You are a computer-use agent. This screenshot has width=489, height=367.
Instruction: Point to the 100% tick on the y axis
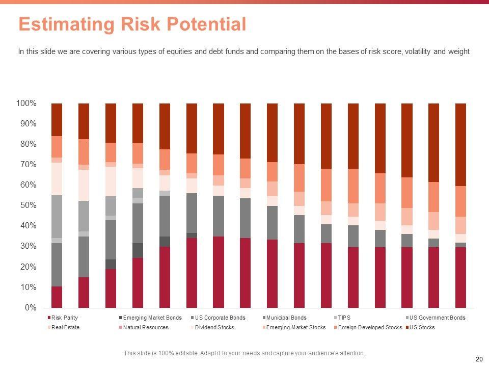point(26,103)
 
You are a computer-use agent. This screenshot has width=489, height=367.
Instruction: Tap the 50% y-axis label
point(28,205)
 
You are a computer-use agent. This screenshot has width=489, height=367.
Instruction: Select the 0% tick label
point(31,308)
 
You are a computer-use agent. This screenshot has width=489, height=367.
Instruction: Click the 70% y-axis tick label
point(28,165)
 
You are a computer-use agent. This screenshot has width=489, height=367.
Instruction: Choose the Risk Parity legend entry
point(64,318)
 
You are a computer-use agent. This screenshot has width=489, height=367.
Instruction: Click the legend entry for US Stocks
point(422,327)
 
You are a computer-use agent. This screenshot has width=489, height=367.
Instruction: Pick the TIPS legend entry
point(344,318)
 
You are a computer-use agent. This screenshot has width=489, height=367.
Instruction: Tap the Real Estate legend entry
point(65,327)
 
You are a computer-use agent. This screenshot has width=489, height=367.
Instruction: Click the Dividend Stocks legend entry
point(214,327)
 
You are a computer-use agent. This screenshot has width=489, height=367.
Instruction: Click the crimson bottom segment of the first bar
point(57,297)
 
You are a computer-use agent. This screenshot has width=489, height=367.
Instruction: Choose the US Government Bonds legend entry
point(437,318)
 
